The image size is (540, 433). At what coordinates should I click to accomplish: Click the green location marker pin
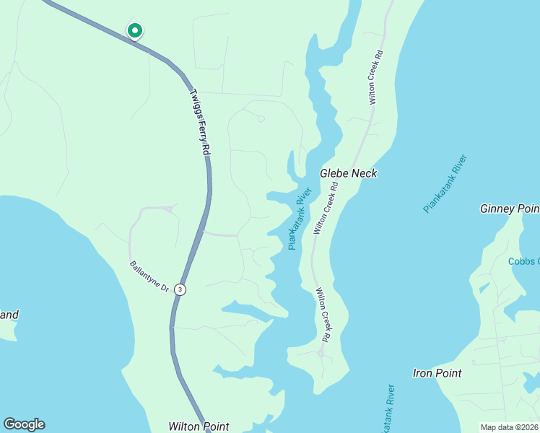(x=134, y=30)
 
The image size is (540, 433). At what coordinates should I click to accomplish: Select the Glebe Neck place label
(x=349, y=173)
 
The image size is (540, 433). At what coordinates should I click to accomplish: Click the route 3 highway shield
(x=180, y=289)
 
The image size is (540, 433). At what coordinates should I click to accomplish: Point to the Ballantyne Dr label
(x=149, y=276)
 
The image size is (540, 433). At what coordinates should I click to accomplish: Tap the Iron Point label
(x=437, y=373)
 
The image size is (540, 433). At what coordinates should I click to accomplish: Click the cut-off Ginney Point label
(x=510, y=209)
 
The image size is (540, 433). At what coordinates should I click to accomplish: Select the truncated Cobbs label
(x=523, y=261)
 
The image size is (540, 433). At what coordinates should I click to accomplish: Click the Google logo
(x=24, y=424)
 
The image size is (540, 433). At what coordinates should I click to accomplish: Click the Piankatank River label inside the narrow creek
(x=300, y=218)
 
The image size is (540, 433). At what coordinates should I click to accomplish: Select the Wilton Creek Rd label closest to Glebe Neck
(x=325, y=209)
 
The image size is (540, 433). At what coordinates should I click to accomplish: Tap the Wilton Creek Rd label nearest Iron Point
(x=323, y=315)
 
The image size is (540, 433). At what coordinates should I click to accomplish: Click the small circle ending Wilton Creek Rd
(x=321, y=354)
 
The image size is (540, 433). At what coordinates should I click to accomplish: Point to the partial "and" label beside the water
(x=9, y=315)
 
